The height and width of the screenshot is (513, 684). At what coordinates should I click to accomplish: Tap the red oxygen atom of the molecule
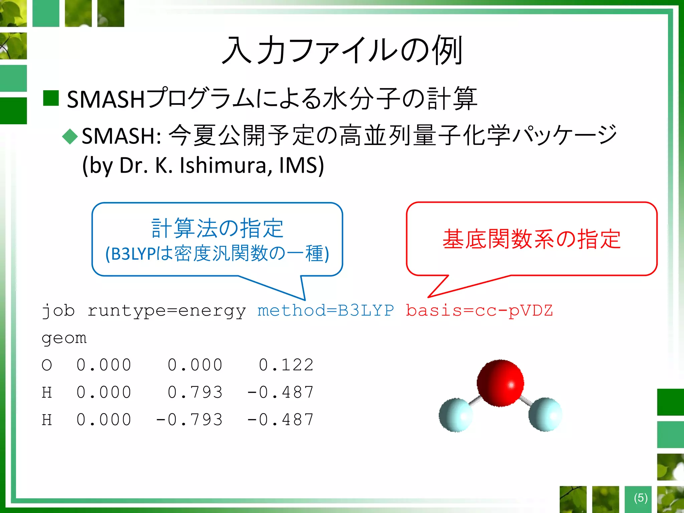pos(500,383)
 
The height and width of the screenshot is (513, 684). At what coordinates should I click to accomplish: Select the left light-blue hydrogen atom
pos(456,415)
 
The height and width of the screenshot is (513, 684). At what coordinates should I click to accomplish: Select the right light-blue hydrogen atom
pos(545,414)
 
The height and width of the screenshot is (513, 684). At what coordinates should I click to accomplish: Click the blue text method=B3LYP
pos(326,311)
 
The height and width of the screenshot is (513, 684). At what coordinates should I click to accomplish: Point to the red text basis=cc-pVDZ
pos(479,311)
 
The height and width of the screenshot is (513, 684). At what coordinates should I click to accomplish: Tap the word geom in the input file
pos(64,338)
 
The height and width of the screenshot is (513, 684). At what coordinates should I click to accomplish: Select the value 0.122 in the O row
pos(286,365)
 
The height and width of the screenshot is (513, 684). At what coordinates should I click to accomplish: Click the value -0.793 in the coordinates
pos(189,419)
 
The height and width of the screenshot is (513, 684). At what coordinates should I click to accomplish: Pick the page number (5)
pos(641,498)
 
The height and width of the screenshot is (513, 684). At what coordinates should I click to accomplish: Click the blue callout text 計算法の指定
pos(217,228)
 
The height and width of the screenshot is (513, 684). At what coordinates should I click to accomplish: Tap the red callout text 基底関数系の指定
pos(531,239)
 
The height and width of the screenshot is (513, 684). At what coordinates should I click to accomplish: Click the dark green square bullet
pos(51,98)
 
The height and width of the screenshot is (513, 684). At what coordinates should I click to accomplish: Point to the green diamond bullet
pos(70,137)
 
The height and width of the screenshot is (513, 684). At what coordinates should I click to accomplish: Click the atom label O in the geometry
pos(47,365)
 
